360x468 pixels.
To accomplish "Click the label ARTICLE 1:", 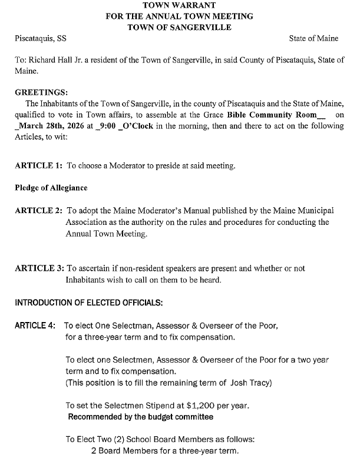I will click(38, 166).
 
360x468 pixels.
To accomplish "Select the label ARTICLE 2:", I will click(38, 211).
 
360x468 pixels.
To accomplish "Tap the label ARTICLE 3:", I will click(38, 268).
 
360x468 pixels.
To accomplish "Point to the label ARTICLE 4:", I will click(37, 326).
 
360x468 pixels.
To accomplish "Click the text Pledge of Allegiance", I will click(51, 188).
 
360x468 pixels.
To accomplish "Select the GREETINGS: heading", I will click(41, 92).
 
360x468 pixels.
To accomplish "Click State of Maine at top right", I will click(313, 38).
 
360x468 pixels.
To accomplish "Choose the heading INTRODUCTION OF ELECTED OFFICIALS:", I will click(88, 303).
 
